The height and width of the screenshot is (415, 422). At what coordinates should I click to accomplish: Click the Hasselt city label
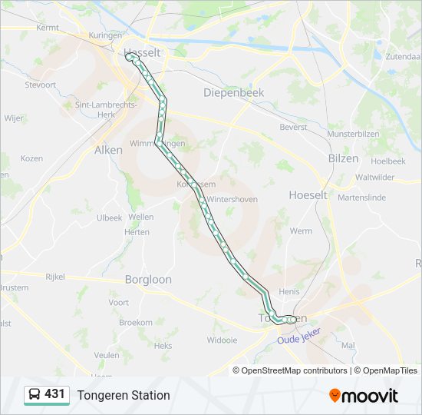[143, 53]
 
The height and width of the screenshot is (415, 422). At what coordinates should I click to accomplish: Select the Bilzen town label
[343, 158]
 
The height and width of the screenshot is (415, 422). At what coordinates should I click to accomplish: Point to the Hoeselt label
[308, 195]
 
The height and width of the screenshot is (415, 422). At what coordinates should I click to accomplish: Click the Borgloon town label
[148, 280]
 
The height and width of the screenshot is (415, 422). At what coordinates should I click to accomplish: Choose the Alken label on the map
[108, 151]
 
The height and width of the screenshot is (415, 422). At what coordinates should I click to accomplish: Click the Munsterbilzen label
[353, 134]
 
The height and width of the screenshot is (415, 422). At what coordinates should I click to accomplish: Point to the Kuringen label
[105, 35]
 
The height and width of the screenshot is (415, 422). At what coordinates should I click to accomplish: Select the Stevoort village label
[41, 85]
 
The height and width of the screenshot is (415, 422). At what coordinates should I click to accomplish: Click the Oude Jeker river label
[300, 336]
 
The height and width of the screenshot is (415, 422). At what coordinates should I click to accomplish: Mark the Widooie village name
[223, 340]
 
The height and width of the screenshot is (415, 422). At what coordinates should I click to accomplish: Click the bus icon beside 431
[35, 394]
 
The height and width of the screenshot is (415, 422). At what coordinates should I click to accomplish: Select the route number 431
[54, 394]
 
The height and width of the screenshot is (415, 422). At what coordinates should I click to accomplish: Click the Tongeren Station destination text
[123, 395]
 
